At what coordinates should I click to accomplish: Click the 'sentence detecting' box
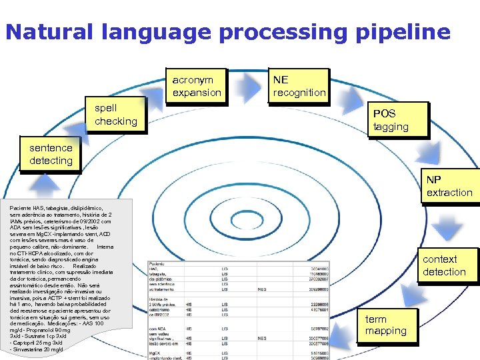click(x=51, y=155)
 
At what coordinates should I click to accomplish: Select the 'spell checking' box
click(x=116, y=115)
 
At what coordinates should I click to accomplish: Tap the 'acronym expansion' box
click(x=197, y=86)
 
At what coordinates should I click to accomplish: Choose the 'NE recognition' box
click(x=299, y=86)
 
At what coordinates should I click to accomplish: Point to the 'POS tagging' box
click(x=397, y=120)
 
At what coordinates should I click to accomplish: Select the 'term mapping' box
click(x=386, y=325)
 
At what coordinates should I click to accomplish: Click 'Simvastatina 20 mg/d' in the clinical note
click(x=38, y=349)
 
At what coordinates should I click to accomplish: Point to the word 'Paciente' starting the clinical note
click(x=21, y=208)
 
